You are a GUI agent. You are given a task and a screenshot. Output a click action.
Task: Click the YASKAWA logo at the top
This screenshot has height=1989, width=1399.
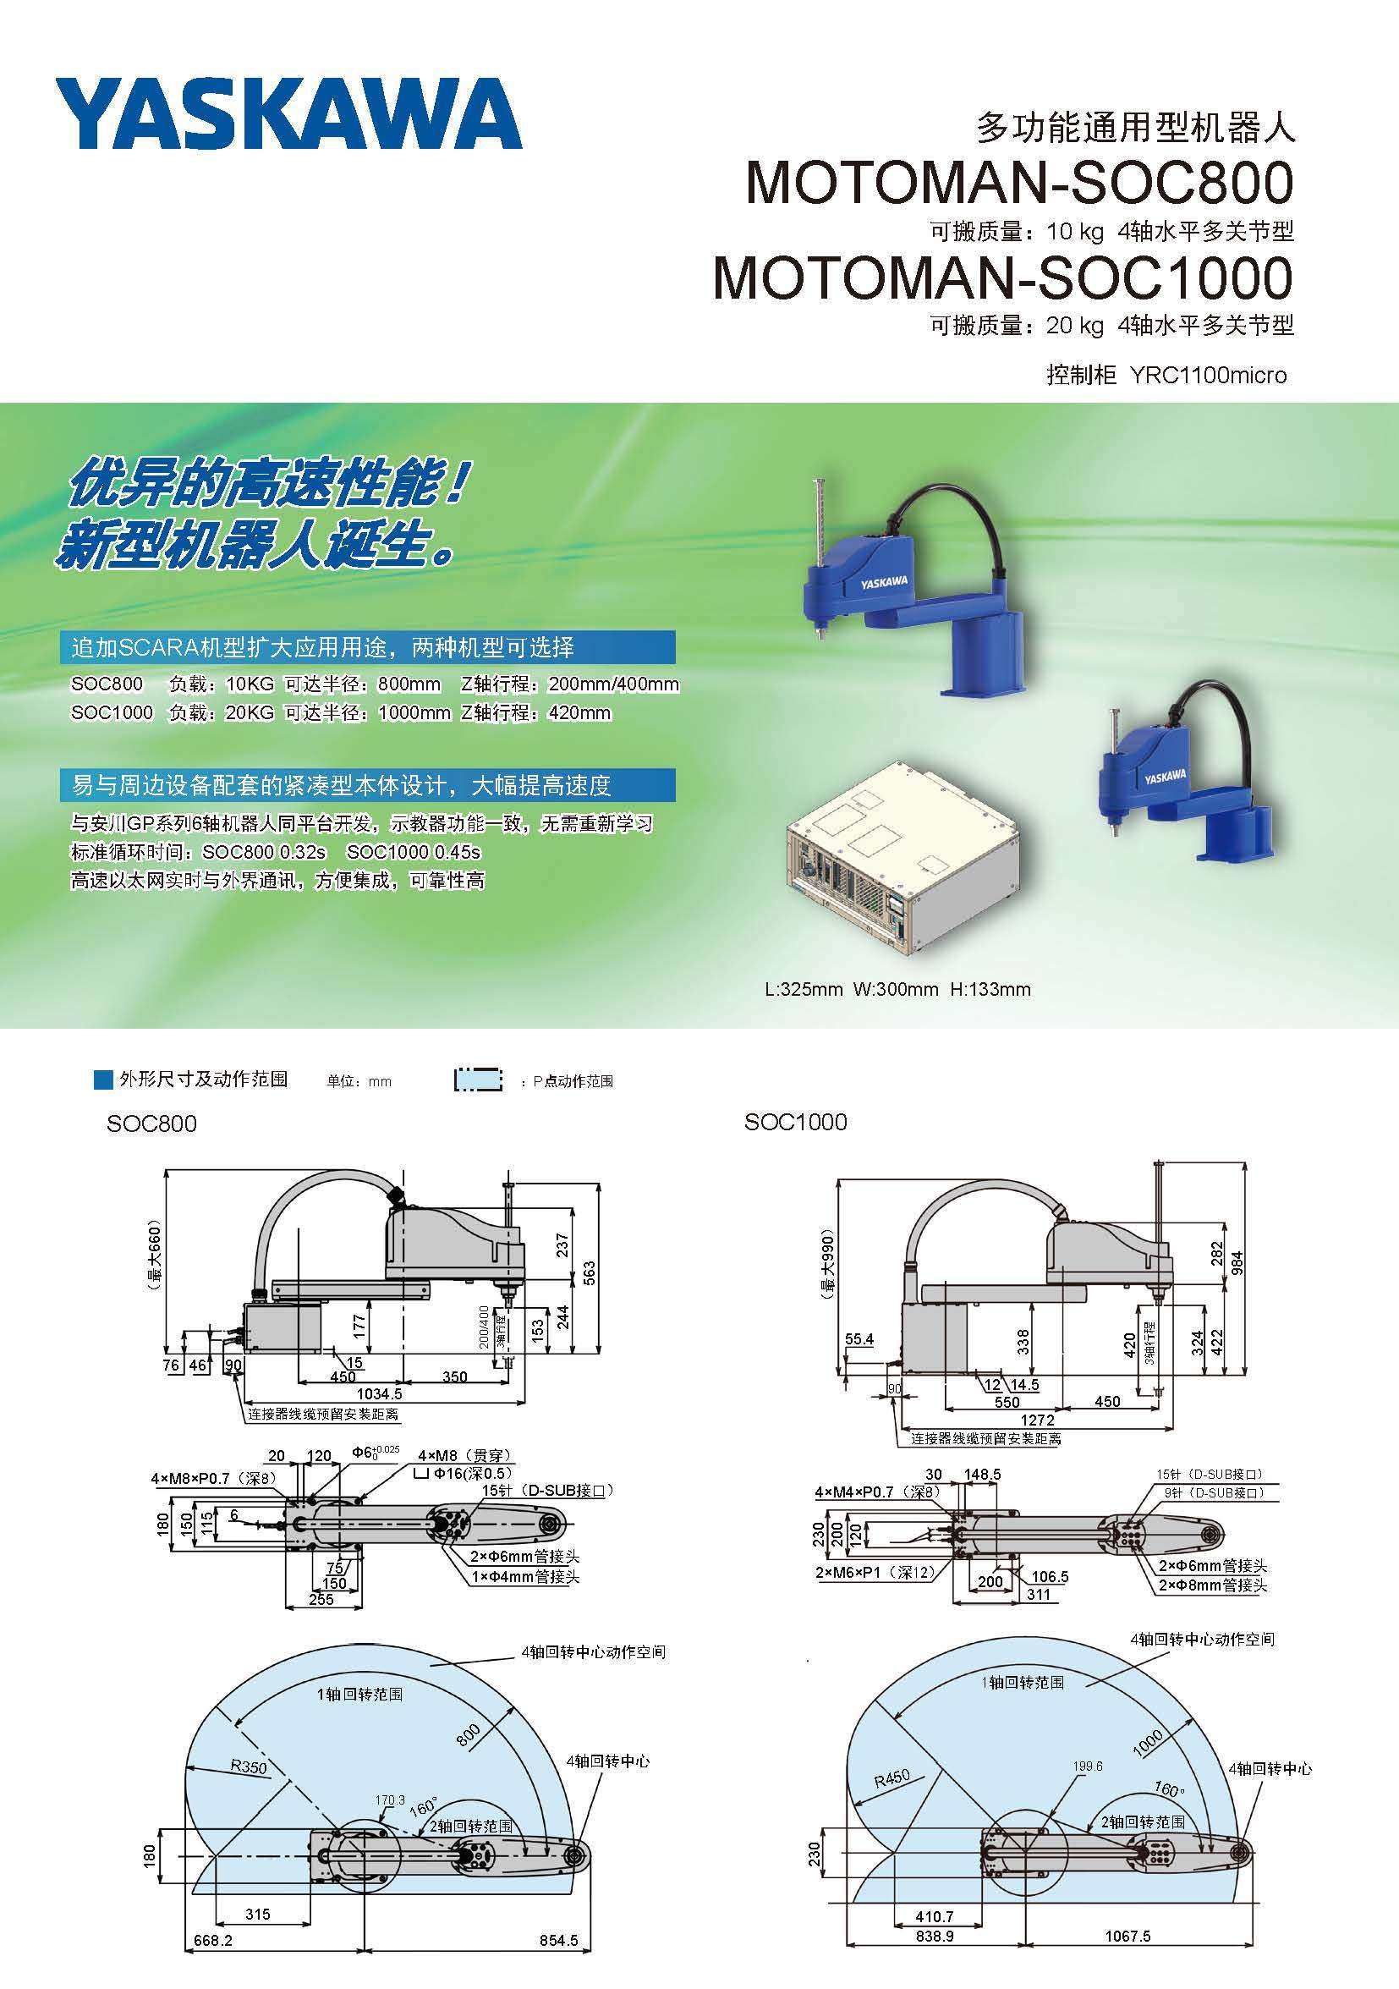288,113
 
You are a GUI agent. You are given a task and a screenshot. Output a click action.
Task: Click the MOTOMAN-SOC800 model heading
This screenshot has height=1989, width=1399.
1019,183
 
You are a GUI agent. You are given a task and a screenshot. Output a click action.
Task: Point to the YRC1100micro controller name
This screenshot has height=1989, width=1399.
1209,375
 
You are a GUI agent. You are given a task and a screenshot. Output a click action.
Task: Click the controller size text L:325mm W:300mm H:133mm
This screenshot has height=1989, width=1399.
898,989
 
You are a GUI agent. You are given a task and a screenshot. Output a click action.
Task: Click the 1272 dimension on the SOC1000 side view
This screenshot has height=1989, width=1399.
1037,1420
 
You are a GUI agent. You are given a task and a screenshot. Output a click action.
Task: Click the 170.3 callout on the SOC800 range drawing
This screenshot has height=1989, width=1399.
390,1800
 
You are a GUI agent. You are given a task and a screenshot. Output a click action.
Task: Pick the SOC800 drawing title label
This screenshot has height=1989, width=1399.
151,1124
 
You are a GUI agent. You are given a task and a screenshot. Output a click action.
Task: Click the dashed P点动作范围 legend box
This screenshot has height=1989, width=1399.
478,1080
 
